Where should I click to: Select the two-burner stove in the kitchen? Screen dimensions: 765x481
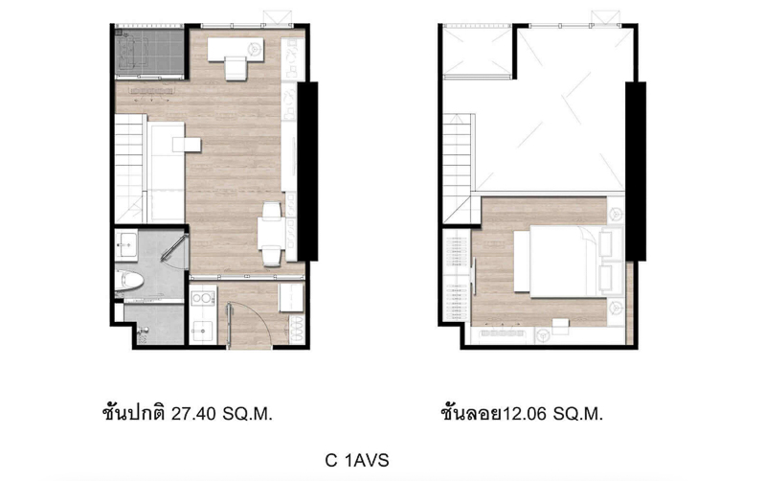203,298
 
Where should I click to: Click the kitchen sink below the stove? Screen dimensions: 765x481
201,332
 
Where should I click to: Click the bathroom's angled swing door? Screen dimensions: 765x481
173,248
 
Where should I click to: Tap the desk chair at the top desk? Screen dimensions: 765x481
236,68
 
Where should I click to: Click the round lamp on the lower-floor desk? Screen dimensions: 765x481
253,49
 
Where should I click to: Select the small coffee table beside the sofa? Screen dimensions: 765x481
187,145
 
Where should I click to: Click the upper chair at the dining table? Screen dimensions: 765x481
272,210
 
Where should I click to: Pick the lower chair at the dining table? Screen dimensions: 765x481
272,257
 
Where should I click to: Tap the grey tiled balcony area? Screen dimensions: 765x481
149,53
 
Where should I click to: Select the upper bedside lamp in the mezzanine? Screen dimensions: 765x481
616,213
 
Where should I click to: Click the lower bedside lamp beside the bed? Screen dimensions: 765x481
616,308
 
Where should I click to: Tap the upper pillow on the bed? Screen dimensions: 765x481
605,243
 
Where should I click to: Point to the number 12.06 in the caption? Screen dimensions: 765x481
525,415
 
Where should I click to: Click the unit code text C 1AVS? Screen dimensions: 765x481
357,461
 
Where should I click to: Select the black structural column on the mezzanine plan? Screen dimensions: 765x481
636,172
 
